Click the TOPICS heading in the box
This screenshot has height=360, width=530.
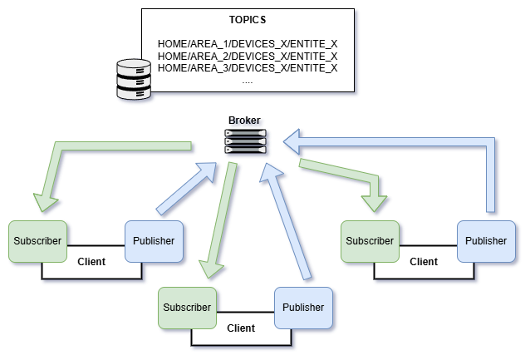point(247,19)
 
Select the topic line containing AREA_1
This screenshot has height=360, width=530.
point(248,43)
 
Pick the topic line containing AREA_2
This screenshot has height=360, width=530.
point(248,56)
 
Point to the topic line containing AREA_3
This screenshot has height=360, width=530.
point(248,67)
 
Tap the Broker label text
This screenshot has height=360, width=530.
point(244,121)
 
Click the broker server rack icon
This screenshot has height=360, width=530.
point(246,143)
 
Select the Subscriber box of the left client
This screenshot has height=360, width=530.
point(37,241)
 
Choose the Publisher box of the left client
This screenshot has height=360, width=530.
point(154,241)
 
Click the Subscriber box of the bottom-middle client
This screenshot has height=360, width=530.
point(187,308)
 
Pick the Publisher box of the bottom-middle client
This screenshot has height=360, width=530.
point(303,308)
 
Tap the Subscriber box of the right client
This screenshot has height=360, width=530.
point(370,241)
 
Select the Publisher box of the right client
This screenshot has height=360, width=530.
point(486,241)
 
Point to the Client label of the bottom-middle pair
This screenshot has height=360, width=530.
point(241,328)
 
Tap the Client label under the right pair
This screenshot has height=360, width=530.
point(424,261)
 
